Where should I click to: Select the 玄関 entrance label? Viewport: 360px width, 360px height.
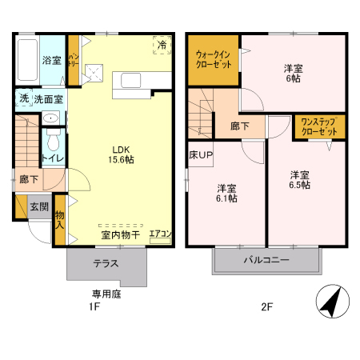(x=39, y=206)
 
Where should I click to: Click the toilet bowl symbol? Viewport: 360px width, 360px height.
(x=53, y=142)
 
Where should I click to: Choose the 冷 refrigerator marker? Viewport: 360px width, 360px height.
(x=162, y=45)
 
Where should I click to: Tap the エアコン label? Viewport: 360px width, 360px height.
(x=161, y=234)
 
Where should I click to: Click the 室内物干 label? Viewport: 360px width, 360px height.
(x=120, y=235)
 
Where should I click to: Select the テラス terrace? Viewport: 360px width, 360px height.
(x=106, y=263)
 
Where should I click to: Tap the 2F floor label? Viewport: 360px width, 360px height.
(x=266, y=306)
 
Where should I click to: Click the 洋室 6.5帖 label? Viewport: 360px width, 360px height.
(x=300, y=179)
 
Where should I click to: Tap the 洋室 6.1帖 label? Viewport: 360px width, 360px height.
(x=226, y=193)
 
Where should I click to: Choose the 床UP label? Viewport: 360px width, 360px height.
(x=201, y=154)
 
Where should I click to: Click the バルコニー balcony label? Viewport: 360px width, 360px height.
(x=266, y=260)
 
